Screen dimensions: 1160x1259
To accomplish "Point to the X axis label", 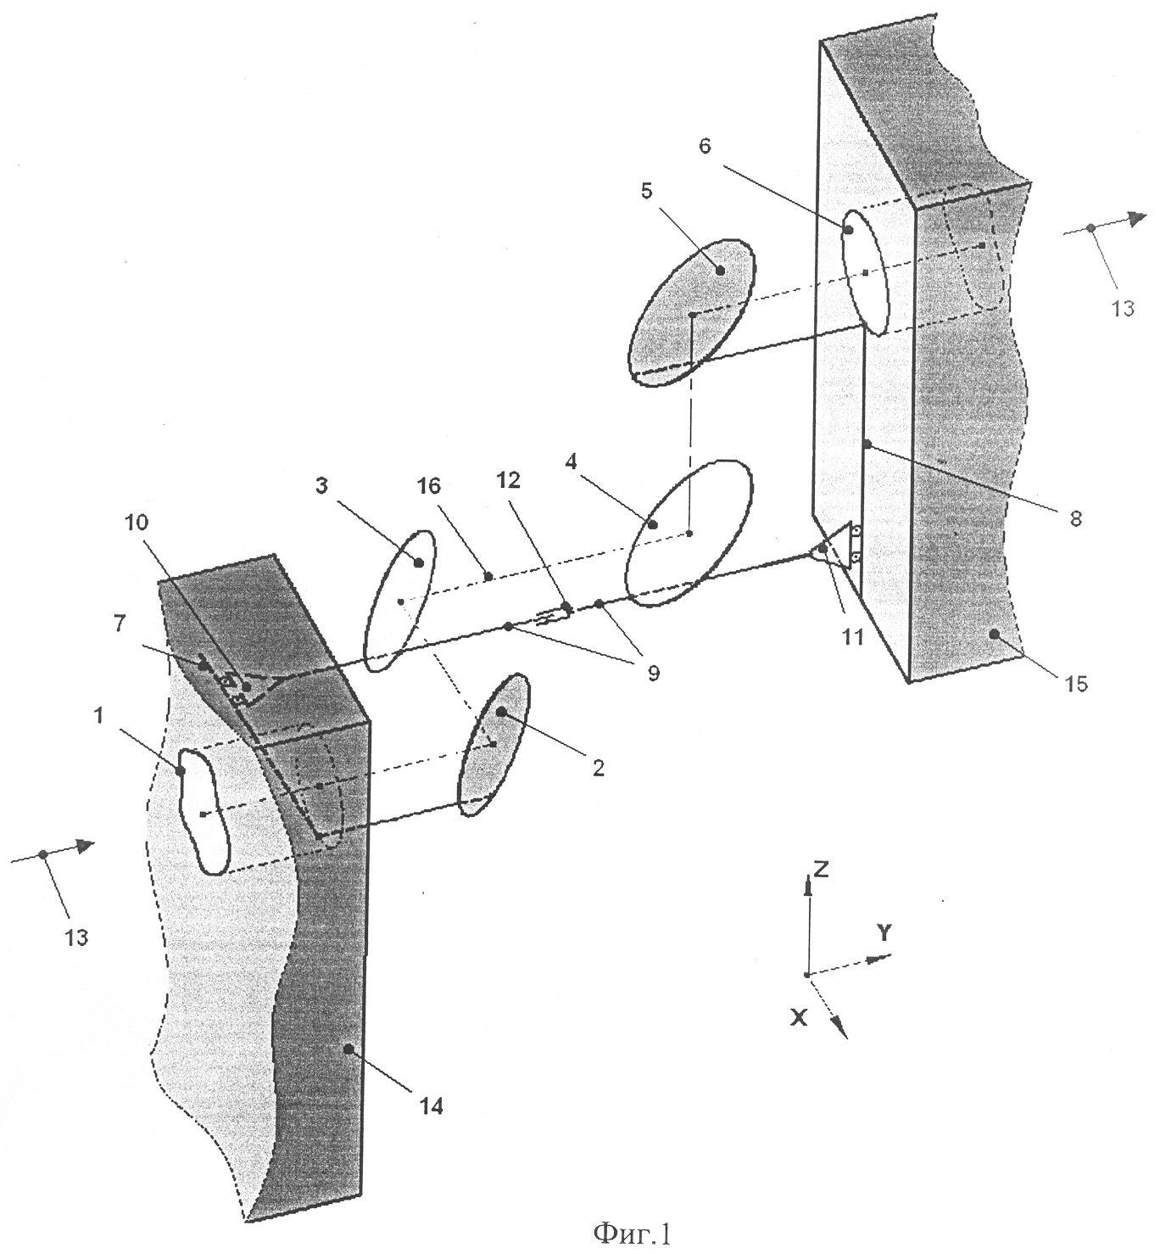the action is click(x=800, y=1018).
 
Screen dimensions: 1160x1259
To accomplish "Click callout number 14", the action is click(x=431, y=1106).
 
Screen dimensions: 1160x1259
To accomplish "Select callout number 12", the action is click(x=508, y=480).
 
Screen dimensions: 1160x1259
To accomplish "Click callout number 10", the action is click(x=137, y=522).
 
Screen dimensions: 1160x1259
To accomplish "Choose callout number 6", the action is click(x=705, y=146).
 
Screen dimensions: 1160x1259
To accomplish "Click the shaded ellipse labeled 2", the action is click(x=494, y=744).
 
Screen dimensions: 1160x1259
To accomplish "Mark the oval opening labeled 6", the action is click(x=864, y=272).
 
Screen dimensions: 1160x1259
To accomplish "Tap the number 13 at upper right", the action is click(x=1122, y=309).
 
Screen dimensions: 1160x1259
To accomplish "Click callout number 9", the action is click(x=652, y=674).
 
